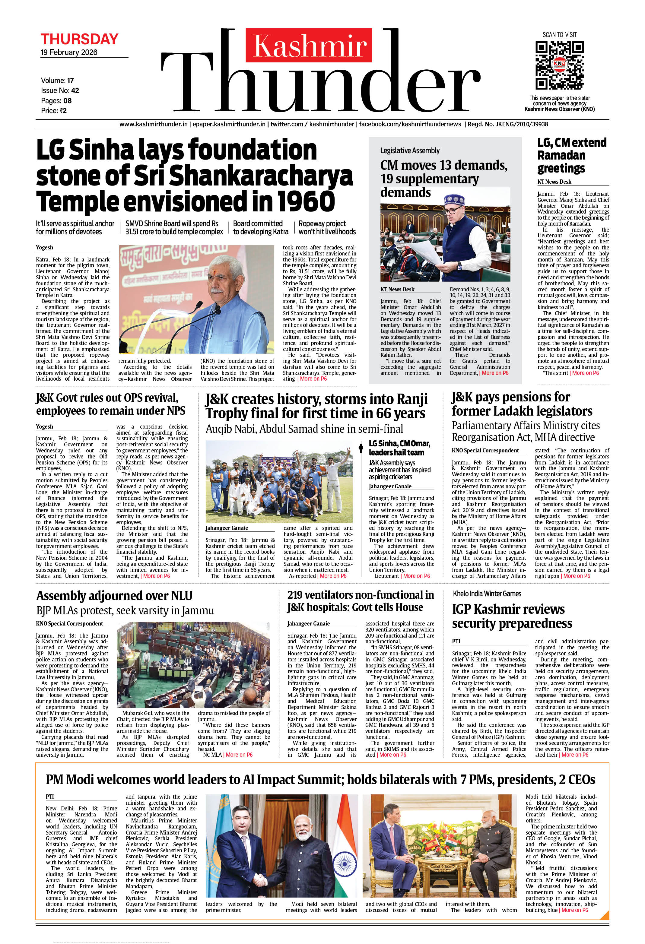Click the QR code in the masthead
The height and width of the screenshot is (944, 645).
[x=559, y=65]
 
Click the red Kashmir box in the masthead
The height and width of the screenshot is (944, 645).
[x=309, y=45]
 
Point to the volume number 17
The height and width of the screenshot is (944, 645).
[x=71, y=81]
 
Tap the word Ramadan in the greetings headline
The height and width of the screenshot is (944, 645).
[x=561, y=155]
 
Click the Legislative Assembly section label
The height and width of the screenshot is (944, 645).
[x=410, y=150]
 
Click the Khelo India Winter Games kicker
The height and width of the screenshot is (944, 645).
[x=487, y=594]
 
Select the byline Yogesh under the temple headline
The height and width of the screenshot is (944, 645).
[x=44, y=247]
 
